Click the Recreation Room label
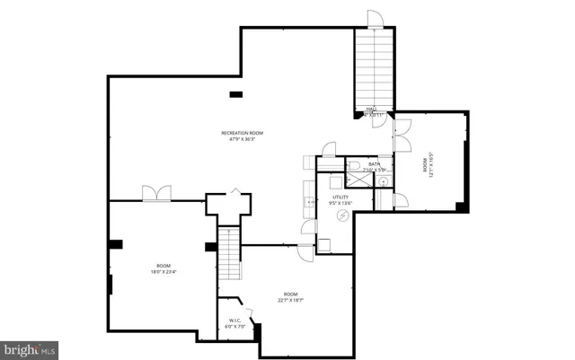click(x=243, y=134)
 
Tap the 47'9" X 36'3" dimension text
click(x=243, y=140)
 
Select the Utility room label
click(x=341, y=197)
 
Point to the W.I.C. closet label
click(x=234, y=320)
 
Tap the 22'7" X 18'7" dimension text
click(x=290, y=300)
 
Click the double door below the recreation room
click(x=157, y=193)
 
